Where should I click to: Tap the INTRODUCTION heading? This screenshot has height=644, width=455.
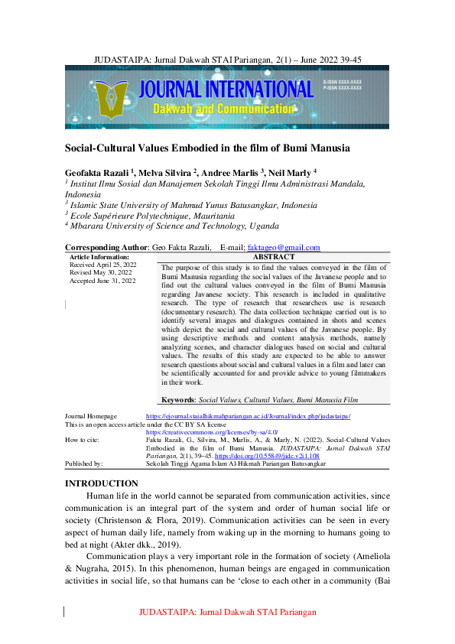coord(102,483)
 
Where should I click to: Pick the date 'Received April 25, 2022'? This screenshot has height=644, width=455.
coord(103,265)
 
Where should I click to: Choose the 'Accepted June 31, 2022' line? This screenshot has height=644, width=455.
coord(103,281)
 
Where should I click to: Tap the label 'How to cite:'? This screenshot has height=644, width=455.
coord(82,440)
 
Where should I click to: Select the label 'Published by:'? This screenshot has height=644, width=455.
coord(84,463)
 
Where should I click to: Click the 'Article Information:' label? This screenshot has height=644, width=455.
coord(99,257)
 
